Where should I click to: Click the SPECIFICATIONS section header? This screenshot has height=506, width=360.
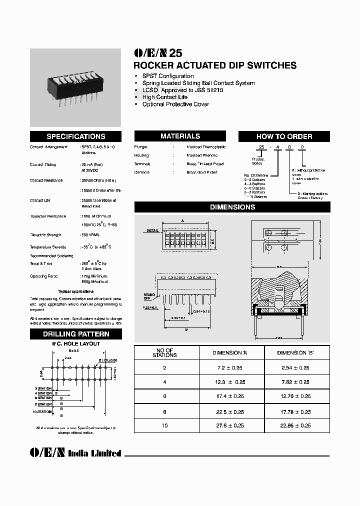tap(75, 136)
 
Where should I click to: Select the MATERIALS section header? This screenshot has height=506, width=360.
tap(180, 136)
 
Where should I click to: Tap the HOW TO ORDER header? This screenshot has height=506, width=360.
tap(284, 136)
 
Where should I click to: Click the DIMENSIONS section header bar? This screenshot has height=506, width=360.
tap(232, 207)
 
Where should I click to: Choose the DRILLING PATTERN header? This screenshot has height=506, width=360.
tap(75, 334)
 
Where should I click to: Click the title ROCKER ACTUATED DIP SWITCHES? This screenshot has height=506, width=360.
tap(215, 65)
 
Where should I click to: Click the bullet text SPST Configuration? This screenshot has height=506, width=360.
tap(168, 76)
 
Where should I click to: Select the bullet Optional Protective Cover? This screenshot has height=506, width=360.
tap(175, 104)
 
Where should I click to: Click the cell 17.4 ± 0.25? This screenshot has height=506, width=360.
tap(228, 396)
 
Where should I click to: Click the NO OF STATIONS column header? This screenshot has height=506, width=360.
tap(164, 352)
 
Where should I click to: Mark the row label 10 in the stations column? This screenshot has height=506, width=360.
tap(164, 425)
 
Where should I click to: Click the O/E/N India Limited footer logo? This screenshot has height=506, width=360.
tap(75, 453)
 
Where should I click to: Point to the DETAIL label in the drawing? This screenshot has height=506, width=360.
tap(152, 230)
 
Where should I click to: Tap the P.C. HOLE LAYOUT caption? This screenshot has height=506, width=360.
tap(76, 344)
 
